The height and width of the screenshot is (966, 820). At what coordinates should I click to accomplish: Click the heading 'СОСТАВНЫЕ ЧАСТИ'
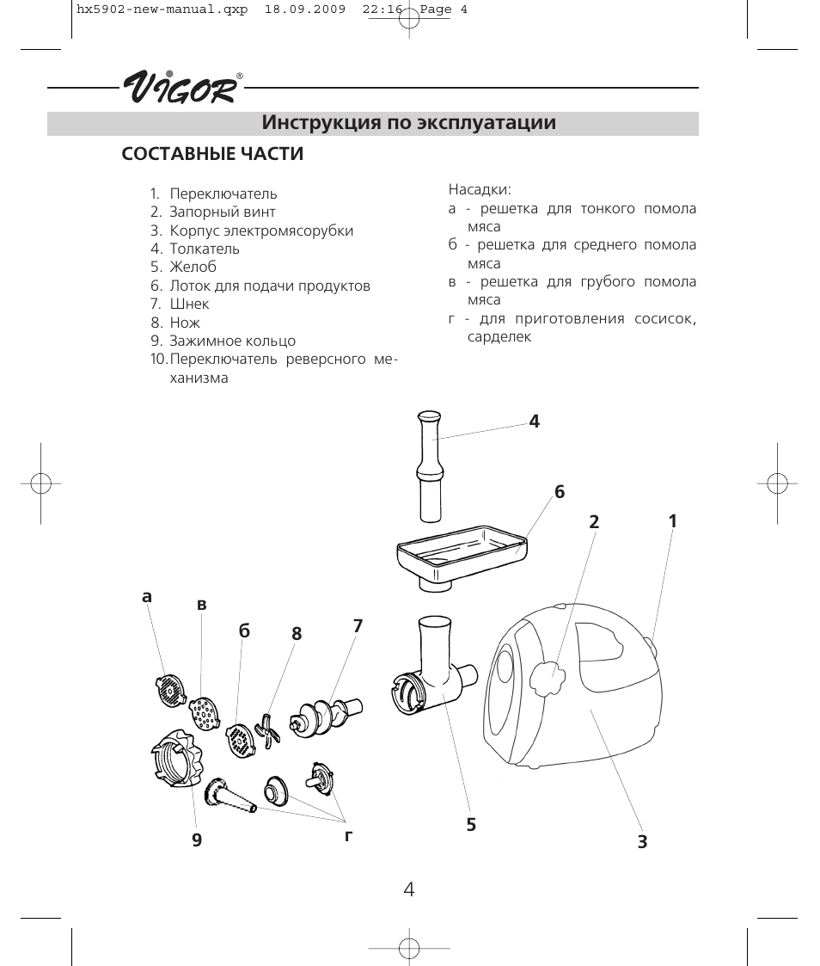[x=212, y=155]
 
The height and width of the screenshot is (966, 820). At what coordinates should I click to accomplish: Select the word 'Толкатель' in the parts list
[x=205, y=249]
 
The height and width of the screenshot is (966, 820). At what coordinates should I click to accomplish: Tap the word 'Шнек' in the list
[x=189, y=304]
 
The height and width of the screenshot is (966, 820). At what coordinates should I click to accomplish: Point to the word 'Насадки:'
[x=480, y=189]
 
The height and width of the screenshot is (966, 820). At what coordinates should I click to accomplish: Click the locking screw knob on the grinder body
[x=547, y=679]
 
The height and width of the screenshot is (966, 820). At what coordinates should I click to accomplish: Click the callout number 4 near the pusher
[x=534, y=421]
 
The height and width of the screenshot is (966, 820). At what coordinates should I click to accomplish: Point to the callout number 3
[x=642, y=842]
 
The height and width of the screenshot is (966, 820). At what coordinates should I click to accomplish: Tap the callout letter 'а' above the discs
[x=147, y=597]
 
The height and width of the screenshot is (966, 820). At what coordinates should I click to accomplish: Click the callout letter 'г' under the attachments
[x=349, y=834]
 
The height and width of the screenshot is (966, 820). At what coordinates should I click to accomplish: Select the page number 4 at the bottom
[x=409, y=889]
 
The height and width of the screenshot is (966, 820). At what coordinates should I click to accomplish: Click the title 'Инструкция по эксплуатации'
[x=409, y=123]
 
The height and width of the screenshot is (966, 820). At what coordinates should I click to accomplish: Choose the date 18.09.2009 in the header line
[x=304, y=11]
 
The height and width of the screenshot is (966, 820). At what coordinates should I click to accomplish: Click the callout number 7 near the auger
[x=358, y=626]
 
